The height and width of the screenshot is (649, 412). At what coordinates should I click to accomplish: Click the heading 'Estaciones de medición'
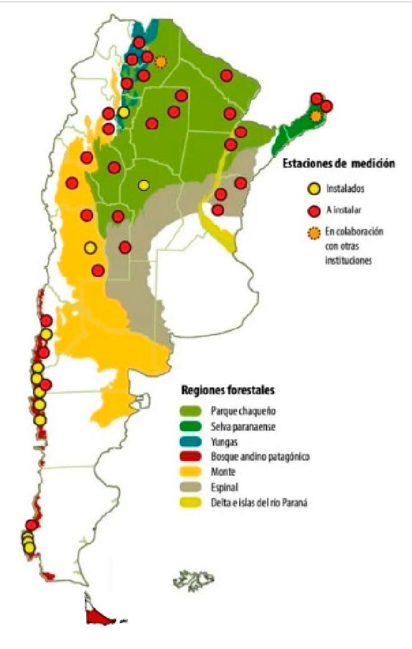coord(339,164)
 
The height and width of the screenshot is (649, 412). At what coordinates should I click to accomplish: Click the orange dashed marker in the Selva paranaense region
coord(316,116)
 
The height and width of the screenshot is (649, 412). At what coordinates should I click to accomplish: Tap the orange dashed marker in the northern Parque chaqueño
coord(161,62)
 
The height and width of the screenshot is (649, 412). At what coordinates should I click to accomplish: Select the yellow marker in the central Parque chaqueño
coord(144,185)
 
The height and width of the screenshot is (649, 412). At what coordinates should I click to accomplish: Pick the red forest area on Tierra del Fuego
coord(100,617)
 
